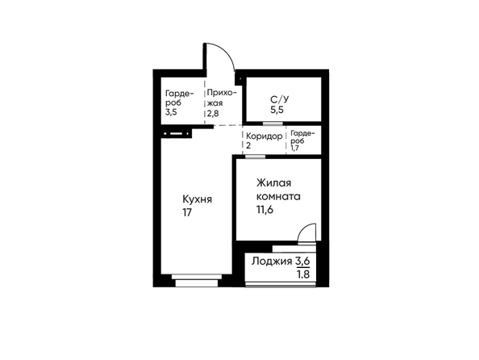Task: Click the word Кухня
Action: [197, 199]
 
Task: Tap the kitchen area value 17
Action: [187, 212]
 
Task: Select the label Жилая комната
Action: [278, 190]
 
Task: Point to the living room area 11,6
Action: [264, 210]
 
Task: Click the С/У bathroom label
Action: [280, 99]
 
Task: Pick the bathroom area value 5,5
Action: [277, 110]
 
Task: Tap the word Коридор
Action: [264, 136]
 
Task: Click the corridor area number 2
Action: [248, 145]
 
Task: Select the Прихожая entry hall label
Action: [222, 98]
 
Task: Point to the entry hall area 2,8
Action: [213, 114]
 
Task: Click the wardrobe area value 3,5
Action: [171, 112]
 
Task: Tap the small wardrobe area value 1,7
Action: [295, 149]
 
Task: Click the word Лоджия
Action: [272, 262]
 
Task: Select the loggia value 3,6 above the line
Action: [302, 261]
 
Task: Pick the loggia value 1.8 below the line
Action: [303, 274]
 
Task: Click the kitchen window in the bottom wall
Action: [197, 280]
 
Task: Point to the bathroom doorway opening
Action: [273, 123]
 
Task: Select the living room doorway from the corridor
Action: [255, 157]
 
